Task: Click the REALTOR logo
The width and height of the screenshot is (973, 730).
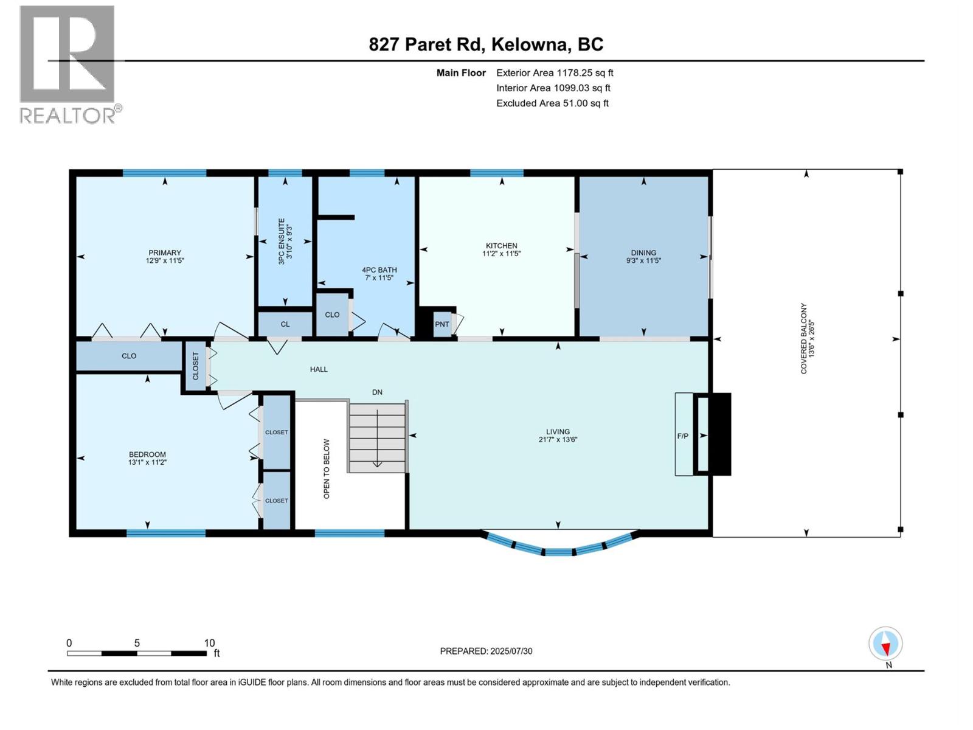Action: tap(70, 64)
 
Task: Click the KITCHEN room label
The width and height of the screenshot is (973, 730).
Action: tap(501, 246)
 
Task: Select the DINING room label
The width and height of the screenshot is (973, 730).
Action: tap(643, 252)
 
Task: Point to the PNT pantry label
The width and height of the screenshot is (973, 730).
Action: tap(442, 324)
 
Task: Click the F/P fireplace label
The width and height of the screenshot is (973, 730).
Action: tap(683, 436)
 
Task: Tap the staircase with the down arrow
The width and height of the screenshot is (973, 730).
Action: tap(377, 437)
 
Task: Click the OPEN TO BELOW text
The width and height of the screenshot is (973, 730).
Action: tap(327, 469)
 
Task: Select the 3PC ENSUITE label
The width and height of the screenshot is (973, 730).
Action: tap(281, 241)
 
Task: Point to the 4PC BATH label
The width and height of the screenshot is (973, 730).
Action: tap(379, 270)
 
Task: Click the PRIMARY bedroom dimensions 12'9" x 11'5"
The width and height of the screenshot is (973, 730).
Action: tap(165, 260)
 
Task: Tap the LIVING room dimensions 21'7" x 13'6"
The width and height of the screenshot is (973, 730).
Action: tap(558, 440)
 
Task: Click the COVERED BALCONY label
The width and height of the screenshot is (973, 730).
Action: tap(804, 338)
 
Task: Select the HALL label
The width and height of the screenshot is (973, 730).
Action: tap(319, 369)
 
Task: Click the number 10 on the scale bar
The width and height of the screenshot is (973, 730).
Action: tap(209, 642)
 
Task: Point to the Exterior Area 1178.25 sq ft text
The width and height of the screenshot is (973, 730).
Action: tap(555, 72)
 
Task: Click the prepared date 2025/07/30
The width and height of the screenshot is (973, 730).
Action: tap(511, 651)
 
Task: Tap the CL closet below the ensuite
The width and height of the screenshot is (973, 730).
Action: tap(285, 324)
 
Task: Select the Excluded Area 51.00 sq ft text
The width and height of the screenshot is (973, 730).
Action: tap(552, 103)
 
